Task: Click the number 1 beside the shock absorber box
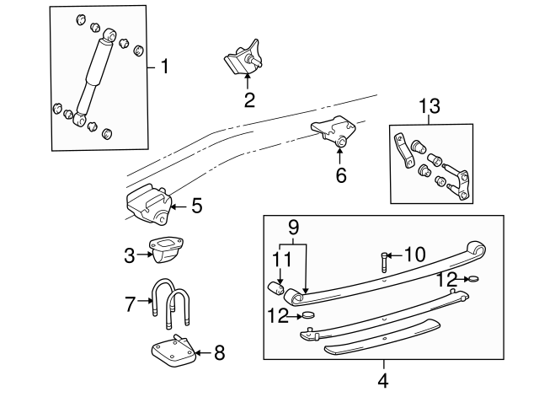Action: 165,67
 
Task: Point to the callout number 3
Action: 130,255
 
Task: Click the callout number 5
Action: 196,205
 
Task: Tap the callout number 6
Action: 340,176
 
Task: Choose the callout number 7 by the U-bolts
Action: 130,303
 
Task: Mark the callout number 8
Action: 219,352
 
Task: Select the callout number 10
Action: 414,253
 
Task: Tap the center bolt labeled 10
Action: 384,260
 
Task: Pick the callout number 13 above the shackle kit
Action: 429,105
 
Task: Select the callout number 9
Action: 292,227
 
